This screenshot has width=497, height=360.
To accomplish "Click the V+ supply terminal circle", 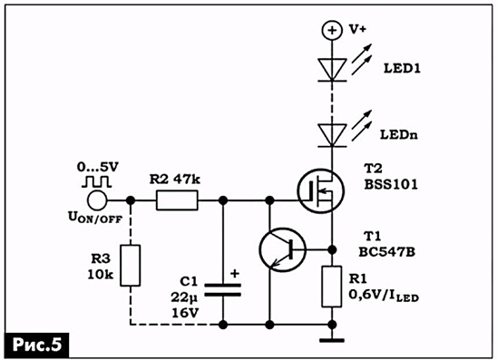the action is coord(332,30).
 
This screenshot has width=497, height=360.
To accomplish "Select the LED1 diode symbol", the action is coord(332,70).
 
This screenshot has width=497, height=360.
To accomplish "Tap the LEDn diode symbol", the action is coord(332,136).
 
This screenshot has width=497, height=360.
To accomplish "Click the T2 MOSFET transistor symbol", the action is coord(320,190).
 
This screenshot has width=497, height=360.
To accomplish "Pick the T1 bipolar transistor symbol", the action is coord(282,249).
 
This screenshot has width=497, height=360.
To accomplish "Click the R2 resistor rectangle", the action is coord(177,200).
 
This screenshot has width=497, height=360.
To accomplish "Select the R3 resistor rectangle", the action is coord(130,266).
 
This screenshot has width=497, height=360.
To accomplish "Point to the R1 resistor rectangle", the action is coord(332,287).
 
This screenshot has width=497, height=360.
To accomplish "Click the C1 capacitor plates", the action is coord(223,290).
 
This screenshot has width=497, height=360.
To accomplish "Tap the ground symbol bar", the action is coord(332,340).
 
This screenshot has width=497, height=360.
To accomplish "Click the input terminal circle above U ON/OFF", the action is coord(97,200).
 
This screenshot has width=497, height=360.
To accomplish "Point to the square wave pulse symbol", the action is coord(96,181).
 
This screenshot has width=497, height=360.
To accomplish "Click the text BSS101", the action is coord(391,184).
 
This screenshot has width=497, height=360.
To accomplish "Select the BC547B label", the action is coord(386,252).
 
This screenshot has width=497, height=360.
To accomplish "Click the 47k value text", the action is coord(187,180).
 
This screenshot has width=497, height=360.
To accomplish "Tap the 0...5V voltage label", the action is coord(97,167).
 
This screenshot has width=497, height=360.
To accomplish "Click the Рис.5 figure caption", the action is coord(37,345).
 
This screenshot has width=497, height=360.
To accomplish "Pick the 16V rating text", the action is coord(185,313).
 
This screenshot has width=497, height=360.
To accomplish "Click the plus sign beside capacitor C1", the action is coord(235,273).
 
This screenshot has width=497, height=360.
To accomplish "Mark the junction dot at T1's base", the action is coord(332,249).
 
